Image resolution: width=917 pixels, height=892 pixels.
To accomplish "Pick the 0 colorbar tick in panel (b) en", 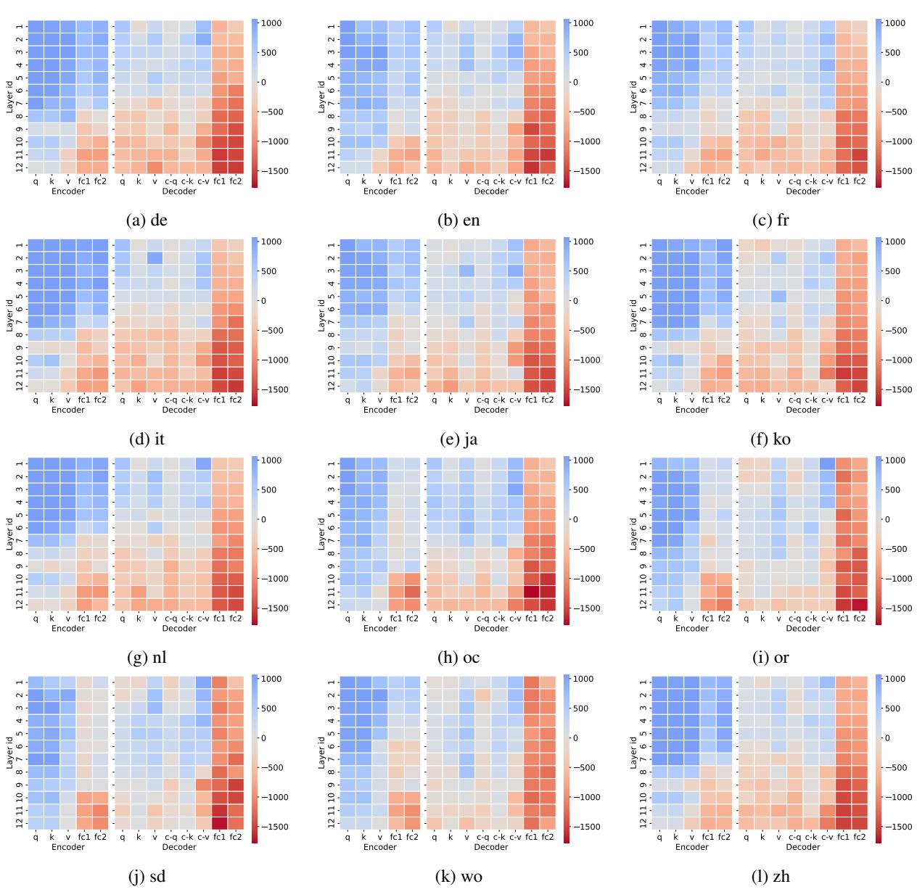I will tap(575, 82).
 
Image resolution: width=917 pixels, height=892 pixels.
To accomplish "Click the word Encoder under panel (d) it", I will tap(68, 410).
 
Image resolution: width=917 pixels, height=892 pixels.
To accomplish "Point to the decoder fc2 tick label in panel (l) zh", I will tap(859, 838).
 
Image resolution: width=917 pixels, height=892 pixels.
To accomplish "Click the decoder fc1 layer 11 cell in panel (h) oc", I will tap(531, 590).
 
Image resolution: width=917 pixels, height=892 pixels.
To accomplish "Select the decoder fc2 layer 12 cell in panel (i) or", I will tap(859, 605).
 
